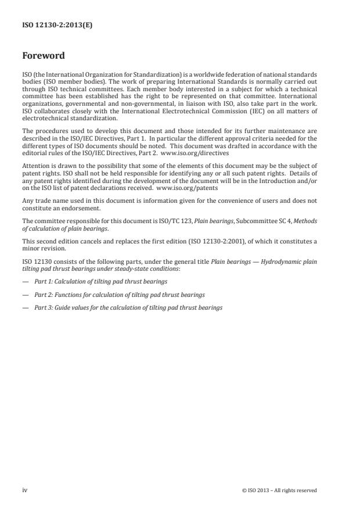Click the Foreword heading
pyautogui.click(x=44, y=56)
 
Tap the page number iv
pyautogui.click(x=25, y=490)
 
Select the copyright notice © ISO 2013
pyautogui.click(x=279, y=490)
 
